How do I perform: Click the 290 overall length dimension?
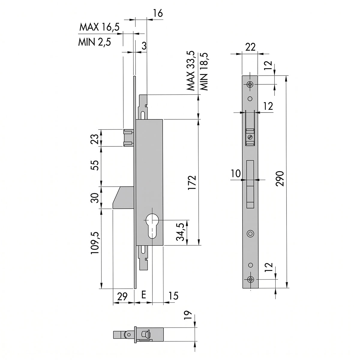(x=280, y=178)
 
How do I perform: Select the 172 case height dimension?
(x=192, y=183)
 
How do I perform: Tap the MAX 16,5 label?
(x=99, y=27)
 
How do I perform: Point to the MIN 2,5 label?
(x=94, y=42)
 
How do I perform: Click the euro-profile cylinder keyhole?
(x=152, y=226)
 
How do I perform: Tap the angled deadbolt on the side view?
(x=123, y=197)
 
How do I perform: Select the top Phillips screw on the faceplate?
(x=250, y=84)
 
